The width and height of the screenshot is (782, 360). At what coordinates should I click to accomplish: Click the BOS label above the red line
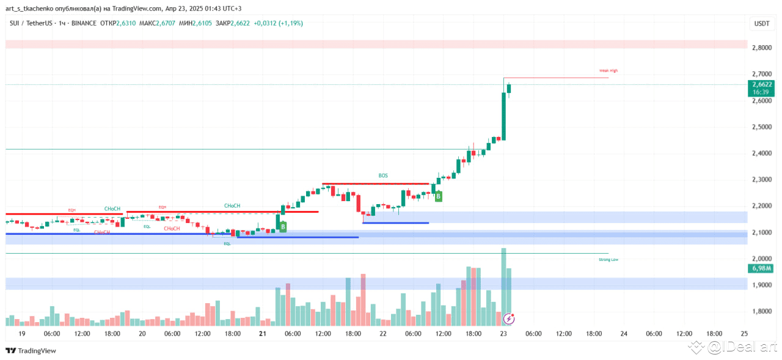tap(383, 175)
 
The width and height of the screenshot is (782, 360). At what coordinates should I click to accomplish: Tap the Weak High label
tap(608, 71)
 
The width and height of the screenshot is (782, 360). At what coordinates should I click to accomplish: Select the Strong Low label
tap(608, 260)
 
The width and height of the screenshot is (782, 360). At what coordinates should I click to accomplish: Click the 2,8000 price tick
tap(761, 48)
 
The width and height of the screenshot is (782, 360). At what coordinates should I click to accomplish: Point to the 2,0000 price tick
tap(761, 259)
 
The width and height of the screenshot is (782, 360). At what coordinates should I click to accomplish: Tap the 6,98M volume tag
tap(761, 268)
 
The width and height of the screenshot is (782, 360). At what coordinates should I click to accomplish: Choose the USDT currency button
tap(761, 23)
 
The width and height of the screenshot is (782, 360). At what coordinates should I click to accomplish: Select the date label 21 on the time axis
tap(263, 334)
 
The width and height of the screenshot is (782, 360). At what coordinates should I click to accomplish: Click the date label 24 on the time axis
tap(624, 334)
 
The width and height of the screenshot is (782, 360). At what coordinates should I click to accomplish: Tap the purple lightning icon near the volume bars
tap(509, 318)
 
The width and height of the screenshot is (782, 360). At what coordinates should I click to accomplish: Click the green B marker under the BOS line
tap(439, 196)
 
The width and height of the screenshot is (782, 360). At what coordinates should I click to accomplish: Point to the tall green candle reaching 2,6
tap(504, 116)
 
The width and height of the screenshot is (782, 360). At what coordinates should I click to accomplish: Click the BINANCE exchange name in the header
tap(84, 23)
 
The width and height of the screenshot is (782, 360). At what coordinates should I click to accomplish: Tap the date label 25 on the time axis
tap(744, 334)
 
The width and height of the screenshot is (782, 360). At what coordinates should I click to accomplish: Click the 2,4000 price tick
tap(761, 153)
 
